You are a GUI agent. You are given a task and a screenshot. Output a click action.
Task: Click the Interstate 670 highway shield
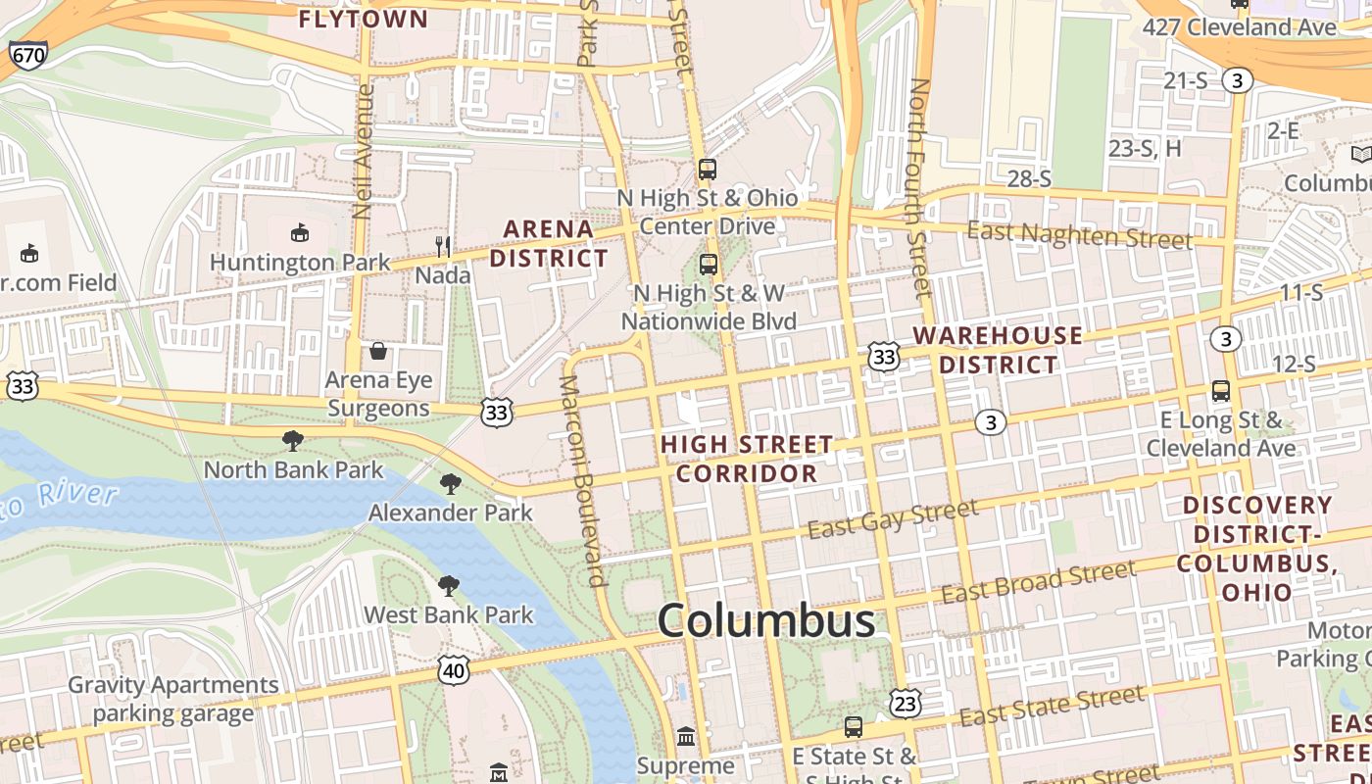click(x=27, y=55)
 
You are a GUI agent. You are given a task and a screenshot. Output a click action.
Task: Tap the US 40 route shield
click(x=453, y=670)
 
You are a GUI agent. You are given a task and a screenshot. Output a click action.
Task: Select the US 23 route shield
click(x=906, y=703)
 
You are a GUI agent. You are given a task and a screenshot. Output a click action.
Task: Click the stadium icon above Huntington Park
click(x=300, y=233)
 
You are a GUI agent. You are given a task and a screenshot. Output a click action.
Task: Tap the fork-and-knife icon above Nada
click(x=443, y=246)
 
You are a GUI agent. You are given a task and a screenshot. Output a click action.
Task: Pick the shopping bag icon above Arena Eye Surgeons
click(x=378, y=351)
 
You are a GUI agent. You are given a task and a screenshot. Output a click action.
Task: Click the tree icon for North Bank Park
click(x=292, y=441)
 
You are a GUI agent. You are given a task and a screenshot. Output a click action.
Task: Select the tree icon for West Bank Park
click(x=449, y=586)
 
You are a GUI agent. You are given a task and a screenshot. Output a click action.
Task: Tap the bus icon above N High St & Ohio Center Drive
click(x=708, y=169)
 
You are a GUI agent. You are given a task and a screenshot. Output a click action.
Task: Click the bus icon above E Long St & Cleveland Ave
click(x=1221, y=391)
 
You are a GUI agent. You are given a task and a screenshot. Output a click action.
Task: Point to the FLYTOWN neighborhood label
click(x=364, y=19)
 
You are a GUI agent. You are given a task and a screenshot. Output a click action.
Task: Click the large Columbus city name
click(x=766, y=620)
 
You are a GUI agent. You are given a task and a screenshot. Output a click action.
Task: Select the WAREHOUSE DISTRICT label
click(x=999, y=350)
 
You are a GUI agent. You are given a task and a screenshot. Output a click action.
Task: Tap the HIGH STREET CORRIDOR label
click(x=747, y=459)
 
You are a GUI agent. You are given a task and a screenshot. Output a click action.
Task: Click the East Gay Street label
click(x=893, y=518)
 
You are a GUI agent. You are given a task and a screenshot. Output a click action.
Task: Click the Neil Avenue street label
click(x=364, y=151)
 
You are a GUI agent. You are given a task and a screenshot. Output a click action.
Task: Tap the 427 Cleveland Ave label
click(x=1240, y=27)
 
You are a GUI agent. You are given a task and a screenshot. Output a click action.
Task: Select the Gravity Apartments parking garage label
click(x=173, y=699)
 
